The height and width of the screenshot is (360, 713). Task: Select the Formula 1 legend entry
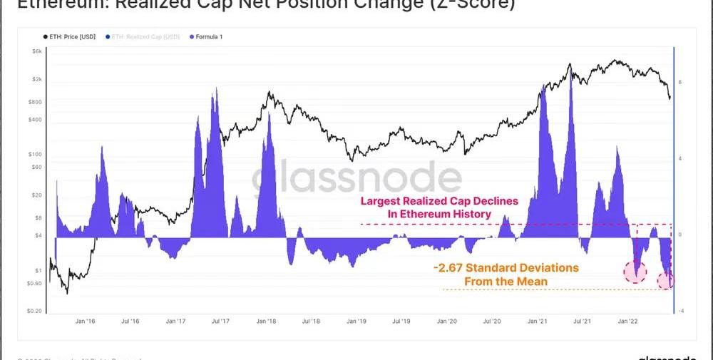(x=207, y=36)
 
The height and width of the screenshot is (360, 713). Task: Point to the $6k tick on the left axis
(x=37, y=52)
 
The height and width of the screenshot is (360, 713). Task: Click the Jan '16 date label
(x=85, y=322)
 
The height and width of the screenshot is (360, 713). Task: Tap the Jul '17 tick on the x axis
(x=221, y=322)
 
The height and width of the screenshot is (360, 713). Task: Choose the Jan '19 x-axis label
(x=356, y=322)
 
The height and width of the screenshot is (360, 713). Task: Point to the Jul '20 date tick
(x=492, y=322)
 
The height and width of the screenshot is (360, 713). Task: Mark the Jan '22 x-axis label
(x=627, y=322)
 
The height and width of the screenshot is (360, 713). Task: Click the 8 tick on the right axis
(x=680, y=83)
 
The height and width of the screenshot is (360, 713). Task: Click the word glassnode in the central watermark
(x=356, y=181)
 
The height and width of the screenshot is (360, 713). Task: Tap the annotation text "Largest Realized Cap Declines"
(x=438, y=201)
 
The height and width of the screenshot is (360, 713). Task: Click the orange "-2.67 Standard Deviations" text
(x=506, y=268)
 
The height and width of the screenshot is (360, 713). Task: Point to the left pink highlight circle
(x=635, y=271)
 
